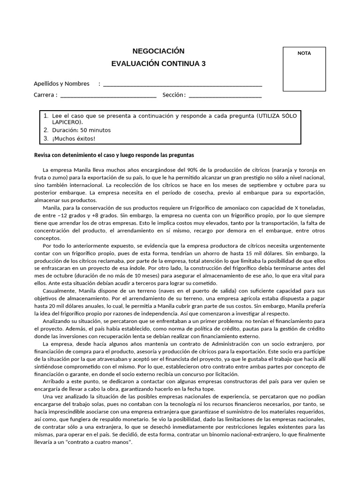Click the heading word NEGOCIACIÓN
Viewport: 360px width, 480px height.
(159, 51)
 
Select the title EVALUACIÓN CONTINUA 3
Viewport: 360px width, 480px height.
(158, 64)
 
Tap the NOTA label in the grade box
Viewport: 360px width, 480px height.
(304, 53)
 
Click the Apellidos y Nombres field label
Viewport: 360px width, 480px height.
(61, 84)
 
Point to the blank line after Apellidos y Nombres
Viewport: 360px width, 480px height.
(182, 85)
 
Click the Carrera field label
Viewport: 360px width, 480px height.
(45, 95)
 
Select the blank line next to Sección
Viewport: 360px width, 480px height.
(225, 96)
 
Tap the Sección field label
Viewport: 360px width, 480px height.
(174, 95)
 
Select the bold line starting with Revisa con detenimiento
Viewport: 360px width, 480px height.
(114, 155)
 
